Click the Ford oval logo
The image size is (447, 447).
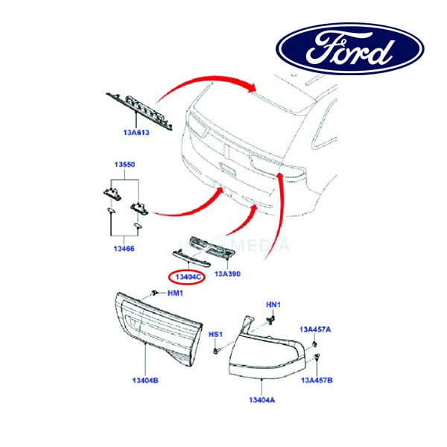click(x=350, y=51)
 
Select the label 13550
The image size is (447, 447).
click(x=124, y=164)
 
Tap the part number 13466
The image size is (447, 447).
click(x=124, y=247)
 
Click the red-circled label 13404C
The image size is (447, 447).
click(x=187, y=277)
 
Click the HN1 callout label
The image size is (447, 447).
click(x=274, y=305)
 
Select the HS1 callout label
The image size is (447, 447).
click(x=216, y=335)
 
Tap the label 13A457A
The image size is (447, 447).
click(x=316, y=329)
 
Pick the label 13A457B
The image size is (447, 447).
click(x=317, y=380)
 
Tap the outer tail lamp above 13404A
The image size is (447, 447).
click(x=268, y=350)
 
